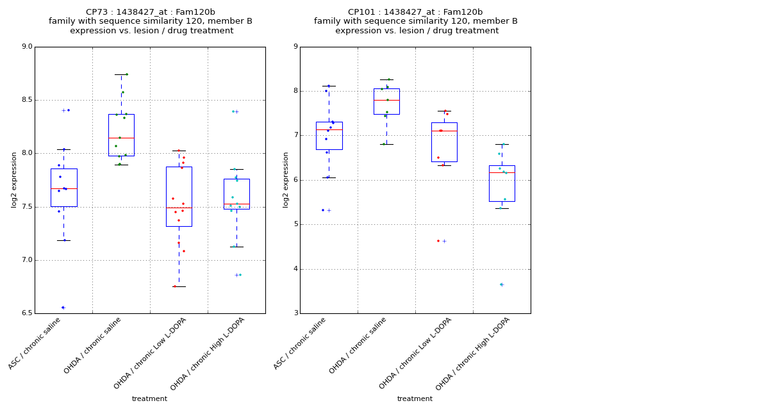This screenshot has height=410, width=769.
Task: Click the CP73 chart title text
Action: [150, 21]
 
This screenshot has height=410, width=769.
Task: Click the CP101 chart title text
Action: [415, 21]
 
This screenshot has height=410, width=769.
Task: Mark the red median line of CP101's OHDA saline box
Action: [386, 101]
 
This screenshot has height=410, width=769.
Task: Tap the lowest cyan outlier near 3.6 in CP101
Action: [500, 284]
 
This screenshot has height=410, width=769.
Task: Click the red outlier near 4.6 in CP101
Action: [438, 241]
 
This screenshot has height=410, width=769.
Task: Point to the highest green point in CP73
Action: [126, 74]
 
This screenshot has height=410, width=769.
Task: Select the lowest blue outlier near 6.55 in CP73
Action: [62, 307]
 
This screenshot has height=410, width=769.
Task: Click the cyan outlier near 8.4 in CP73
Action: [233, 111]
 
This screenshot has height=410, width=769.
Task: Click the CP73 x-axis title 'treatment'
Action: [149, 399]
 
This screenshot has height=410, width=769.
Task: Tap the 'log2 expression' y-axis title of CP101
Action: [286, 179]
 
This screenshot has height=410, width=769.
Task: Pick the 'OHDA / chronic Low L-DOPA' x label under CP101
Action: [415, 353]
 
